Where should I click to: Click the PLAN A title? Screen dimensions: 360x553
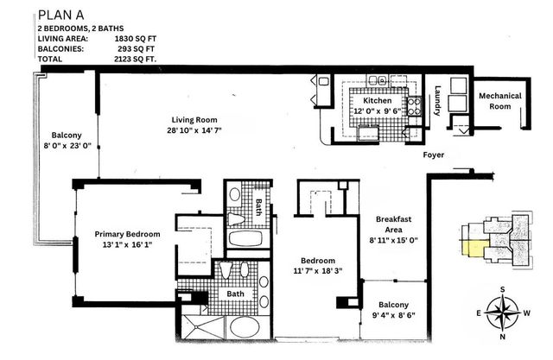[x=63, y=12]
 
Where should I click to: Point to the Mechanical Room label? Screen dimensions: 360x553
[x=494, y=100]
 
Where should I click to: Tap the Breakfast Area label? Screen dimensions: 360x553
[x=393, y=225]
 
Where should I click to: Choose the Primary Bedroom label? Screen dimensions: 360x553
[x=128, y=234]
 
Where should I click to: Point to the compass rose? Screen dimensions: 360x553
[x=502, y=311]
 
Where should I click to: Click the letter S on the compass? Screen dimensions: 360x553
[x=502, y=289]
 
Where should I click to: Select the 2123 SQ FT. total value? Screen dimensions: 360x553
[x=134, y=59]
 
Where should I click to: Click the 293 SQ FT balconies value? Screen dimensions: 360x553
[x=135, y=48]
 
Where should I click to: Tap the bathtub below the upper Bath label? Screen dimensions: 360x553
[x=248, y=238]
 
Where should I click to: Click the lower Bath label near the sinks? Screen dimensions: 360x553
[x=236, y=294]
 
